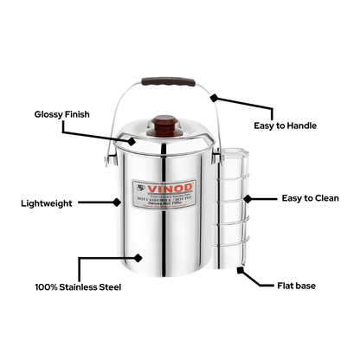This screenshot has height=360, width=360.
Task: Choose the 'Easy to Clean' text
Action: point(310,198)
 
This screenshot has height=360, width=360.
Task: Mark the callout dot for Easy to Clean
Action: point(247,198)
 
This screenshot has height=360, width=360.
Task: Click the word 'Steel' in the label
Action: point(106,286)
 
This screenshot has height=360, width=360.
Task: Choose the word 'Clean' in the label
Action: point(327,198)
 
